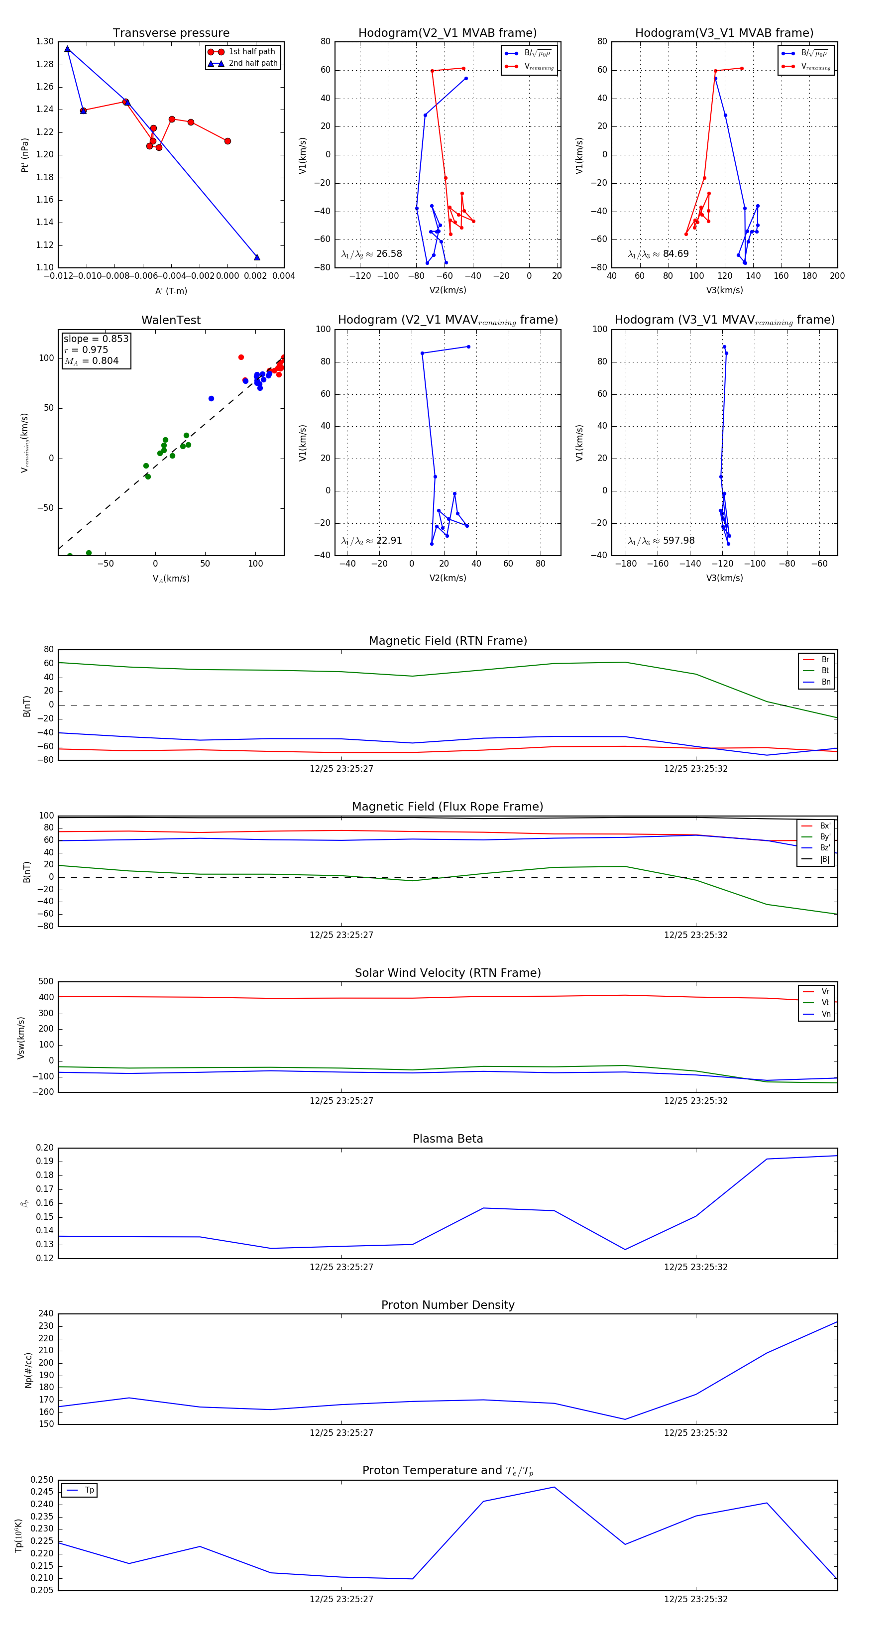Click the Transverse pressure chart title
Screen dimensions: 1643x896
coord(171,33)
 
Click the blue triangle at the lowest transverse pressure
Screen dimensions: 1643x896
coord(257,257)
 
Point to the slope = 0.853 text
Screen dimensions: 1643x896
coord(96,339)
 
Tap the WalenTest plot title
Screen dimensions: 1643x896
coord(171,320)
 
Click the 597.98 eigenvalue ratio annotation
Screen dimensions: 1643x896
coord(678,540)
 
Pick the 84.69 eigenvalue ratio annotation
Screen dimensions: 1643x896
coord(675,254)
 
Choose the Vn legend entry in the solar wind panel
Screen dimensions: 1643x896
coord(825,1014)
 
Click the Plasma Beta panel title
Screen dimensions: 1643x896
coord(448,1139)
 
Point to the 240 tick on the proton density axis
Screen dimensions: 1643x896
coord(46,1313)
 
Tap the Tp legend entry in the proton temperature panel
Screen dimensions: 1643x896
coord(89,1490)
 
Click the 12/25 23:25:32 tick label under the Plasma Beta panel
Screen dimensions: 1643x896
coord(695,1267)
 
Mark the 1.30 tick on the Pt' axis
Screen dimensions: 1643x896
coord(45,41)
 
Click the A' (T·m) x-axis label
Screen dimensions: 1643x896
coord(171,291)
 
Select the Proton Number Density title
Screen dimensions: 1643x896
coord(448,1304)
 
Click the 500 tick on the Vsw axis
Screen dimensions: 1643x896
coord(46,982)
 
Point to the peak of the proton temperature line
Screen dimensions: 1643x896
coord(554,1487)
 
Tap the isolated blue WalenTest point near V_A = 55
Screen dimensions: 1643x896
coord(211,399)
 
